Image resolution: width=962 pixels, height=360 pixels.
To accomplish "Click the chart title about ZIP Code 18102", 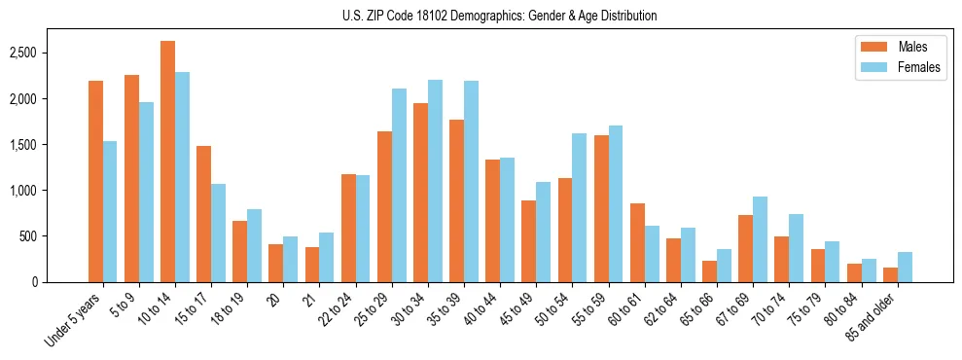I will click(499, 16).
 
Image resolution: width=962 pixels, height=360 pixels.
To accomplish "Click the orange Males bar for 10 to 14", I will click(167, 162).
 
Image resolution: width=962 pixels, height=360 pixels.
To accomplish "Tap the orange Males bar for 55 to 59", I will click(601, 208).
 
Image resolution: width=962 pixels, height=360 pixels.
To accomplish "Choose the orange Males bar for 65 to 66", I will click(709, 271).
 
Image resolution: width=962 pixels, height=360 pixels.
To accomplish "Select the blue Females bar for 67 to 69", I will click(760, 239).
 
